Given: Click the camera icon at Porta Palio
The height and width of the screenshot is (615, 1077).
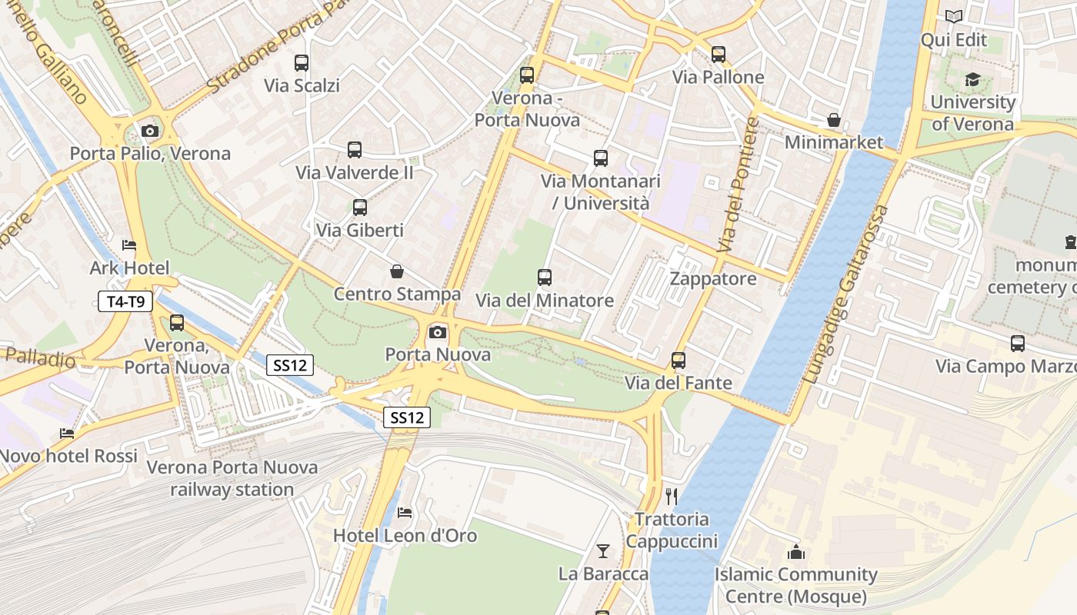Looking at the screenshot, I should [150, 131].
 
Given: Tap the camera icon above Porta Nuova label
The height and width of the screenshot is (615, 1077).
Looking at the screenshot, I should [438, 332].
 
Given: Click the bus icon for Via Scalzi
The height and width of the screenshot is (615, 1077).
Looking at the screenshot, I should [302, 63].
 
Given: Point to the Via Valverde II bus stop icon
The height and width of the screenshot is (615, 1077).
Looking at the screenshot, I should [355, 150].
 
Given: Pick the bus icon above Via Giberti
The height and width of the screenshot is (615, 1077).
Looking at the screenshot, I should [359, 207].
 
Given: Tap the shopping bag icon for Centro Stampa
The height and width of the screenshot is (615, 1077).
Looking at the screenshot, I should [397, 271].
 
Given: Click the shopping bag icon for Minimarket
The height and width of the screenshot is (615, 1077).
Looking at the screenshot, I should [833, 120].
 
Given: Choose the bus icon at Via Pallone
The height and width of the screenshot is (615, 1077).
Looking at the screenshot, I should [719, 55].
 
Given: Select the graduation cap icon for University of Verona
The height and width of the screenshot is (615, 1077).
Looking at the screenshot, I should [972, 80].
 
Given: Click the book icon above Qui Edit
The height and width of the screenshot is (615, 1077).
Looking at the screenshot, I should [954, 17].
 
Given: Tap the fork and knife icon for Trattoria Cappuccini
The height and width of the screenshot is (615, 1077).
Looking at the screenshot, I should [672, 496].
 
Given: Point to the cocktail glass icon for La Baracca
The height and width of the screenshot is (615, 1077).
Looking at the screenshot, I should [603, 550].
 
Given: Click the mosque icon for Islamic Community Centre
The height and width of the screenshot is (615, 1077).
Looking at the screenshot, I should [796, 552].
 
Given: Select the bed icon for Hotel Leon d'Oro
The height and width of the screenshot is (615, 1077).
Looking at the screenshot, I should [405, 513].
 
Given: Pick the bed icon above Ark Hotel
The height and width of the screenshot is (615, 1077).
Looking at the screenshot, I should [129, 245].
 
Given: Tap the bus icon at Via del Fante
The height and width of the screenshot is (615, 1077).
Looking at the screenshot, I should [679, 360].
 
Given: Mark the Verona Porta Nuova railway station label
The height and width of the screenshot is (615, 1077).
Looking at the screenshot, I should [232, 478].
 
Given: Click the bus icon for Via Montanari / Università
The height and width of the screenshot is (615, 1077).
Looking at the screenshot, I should [601, 158].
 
